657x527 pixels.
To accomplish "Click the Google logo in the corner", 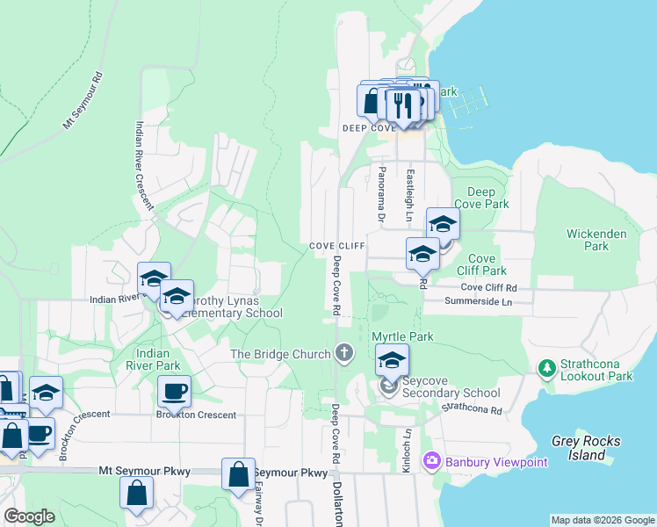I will (30, 516).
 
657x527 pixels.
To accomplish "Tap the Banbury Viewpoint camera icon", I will (431, 460).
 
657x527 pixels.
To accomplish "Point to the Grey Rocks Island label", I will (579, 448).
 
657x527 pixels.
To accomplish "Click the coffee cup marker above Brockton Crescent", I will (174, 390).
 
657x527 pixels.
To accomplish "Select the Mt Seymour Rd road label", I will (83, 101).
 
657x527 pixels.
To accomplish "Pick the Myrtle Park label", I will (403, 336).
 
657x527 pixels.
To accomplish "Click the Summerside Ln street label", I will (478, 301).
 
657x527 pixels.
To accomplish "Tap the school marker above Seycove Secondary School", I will (392, 358).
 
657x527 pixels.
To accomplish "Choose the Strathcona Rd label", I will (471, 408).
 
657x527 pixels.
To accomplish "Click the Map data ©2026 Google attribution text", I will (603, 520).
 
